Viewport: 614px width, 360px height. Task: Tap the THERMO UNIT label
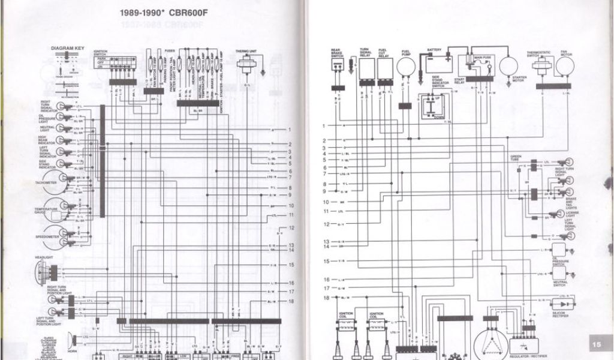(246, 52)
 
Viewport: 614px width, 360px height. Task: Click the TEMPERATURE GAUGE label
(46, 211)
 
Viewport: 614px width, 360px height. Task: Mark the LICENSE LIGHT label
(572, 216)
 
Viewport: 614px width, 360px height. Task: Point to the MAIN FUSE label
(483, 58)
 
